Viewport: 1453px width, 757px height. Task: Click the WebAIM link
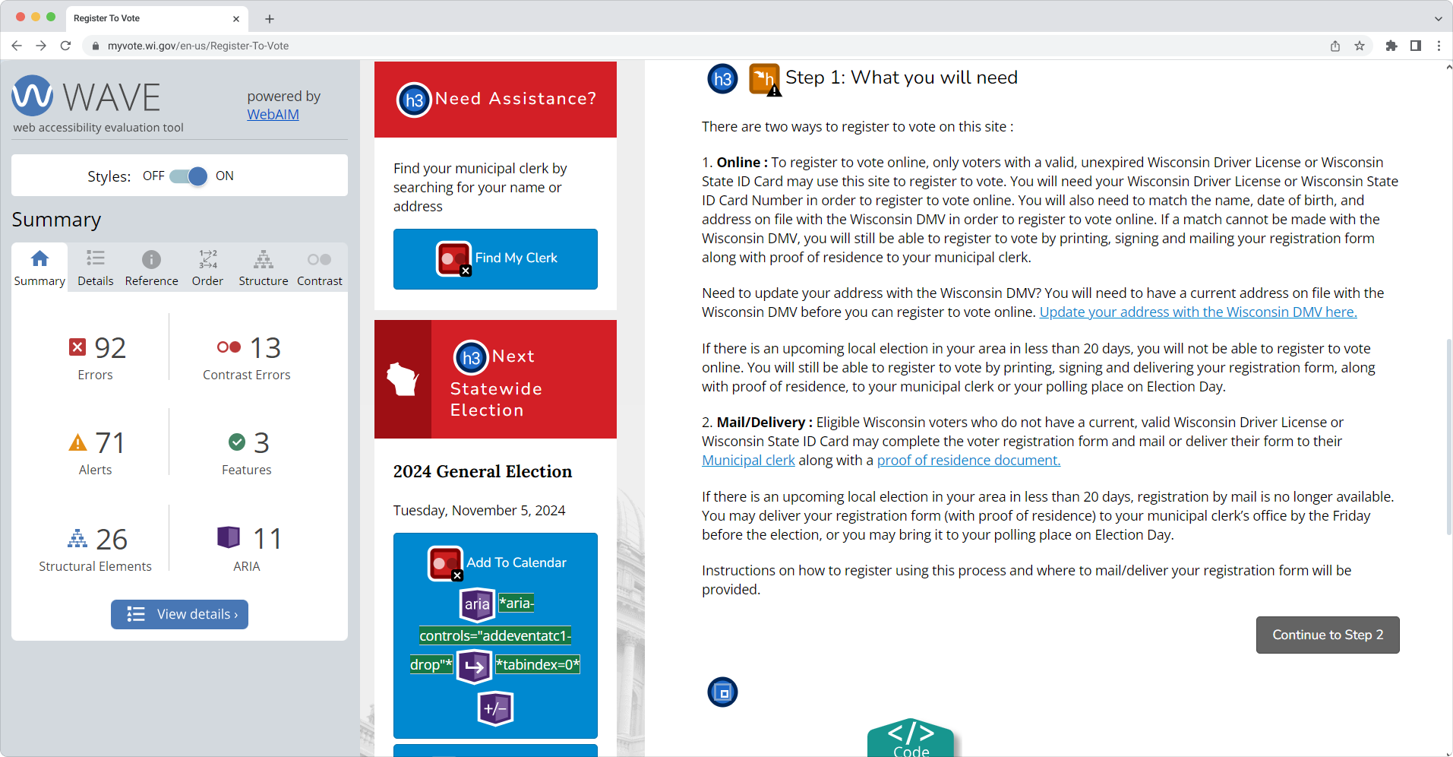(x=273, y=115)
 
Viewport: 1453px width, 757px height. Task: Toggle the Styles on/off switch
(x=188, y=176)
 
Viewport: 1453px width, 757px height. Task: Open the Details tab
(x=96, y=268)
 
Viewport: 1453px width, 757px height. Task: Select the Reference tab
(x=152, y=268)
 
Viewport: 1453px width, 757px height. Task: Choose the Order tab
(x=207, y=268)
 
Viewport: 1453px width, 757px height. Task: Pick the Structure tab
(x=264, y=268)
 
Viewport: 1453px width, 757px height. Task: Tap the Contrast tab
(x=320, y=268)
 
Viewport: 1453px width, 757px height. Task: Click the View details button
(x=179, y=614)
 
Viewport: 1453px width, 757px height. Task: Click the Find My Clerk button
(x=495, y=259)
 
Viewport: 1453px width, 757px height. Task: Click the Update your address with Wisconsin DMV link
(x=1198, y=312)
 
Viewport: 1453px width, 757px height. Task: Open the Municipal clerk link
(x=748, y=461)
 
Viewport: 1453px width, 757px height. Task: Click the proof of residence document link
(x=968, y=461)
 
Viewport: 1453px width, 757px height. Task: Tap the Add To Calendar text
(x=516, y=562)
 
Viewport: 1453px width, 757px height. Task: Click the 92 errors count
(x=110, y=348)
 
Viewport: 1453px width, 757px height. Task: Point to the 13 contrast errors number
(x=265, y=348)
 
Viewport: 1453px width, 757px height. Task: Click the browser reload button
(x=65, y=46)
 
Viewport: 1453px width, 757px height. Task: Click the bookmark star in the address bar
(x=1360, y=46)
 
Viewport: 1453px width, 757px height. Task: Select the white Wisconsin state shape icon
(x=403, y=378)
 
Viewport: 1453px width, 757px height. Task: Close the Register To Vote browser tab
(x=236, y=19)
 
